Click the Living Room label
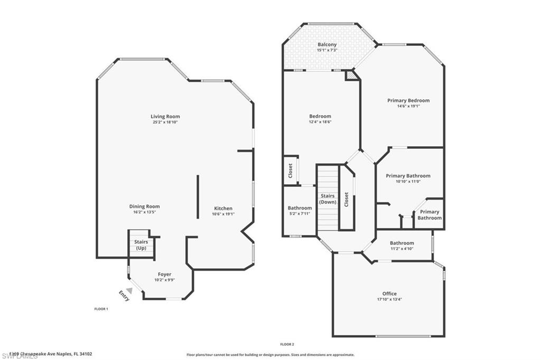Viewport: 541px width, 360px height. pyautogui.click(x=165, y=116)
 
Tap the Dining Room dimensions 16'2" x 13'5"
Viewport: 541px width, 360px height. pyautogui.click(x=145, y=212)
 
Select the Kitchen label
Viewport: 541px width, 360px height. pyautogui.click(x=223, y=208)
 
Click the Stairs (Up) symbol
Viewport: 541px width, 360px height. pyautogui.click(x=141, y=245)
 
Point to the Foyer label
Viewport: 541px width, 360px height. pyautogui.click(x=164, y=274)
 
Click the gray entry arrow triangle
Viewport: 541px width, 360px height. pyautogui.click(x=129, y=290)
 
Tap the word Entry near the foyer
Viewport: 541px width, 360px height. pyautogui.click(x=124, y=296)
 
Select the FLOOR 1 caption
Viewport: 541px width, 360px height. pyautogui.click(x=101, y=309)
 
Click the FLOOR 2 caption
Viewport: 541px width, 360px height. pyautogui.click(x=287, y=344)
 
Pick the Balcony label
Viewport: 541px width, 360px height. pyautogui.click(x=327, y=44)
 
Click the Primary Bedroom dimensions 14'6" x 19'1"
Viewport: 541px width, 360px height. pyautogui.click(x=408, y=106)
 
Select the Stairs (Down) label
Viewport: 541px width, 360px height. pyautogui.click(x=328, y=199)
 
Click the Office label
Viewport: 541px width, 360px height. pyautogui.click(x=389, y=293)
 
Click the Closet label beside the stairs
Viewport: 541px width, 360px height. pyautogui.click(x=347, y=199)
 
